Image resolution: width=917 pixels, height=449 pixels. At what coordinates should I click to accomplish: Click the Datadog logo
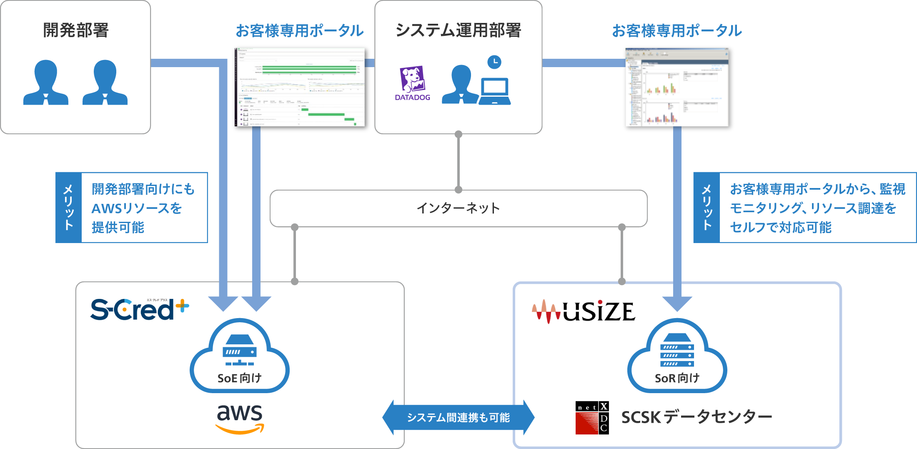coord(412,83)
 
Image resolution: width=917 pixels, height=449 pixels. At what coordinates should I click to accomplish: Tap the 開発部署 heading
coord(76,30)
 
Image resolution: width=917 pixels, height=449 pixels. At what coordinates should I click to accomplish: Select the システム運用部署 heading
coord(458,30)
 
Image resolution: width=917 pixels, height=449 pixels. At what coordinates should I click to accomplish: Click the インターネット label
coord(458,208)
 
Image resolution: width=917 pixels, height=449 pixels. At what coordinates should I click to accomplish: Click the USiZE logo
coord(584,311)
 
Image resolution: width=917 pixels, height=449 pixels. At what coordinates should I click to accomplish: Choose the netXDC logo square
coord(592,418)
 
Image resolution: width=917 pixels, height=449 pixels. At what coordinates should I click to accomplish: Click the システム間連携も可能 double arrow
coord(458,417)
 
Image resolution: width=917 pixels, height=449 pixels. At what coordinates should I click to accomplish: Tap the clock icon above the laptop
coord(494,62)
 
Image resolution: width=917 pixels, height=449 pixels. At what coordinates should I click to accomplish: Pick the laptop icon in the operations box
coord(495,91)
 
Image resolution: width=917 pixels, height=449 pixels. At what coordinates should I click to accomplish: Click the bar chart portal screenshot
coord(677,87)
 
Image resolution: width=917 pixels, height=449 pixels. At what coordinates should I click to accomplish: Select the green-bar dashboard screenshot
coord(300,87)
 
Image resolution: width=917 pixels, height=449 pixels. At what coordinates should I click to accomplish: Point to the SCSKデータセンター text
coord(697,417)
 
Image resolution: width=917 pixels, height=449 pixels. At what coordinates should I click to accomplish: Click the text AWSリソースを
coord(137,208)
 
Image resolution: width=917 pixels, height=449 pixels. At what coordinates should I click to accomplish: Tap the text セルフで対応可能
coord(781,227)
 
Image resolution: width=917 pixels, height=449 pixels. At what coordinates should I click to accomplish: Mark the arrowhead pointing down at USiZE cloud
coord(677,304)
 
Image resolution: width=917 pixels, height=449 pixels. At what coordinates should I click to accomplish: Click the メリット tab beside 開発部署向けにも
coord(69,208)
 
